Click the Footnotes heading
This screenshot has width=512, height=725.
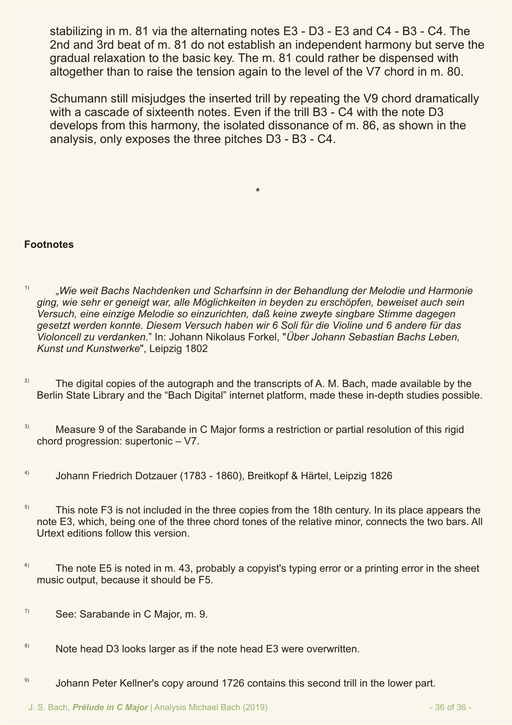point(49,245)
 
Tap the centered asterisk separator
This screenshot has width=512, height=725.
point(257,191)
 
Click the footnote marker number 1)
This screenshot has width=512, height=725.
point(27,288)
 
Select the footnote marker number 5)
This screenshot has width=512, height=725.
point(27,507)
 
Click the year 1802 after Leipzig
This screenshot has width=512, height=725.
point(196,349)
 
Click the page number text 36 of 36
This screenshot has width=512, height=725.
point(450,707)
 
